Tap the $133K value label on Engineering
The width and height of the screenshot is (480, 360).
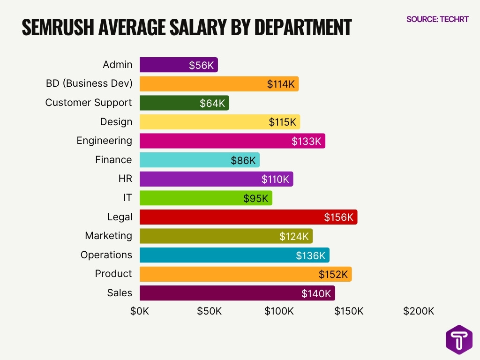[306, 141]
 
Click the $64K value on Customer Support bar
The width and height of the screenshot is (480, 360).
[212, 103]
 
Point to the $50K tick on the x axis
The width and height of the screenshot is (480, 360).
[209, 311]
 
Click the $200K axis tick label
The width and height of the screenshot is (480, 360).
[419, 311]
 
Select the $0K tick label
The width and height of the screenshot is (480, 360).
[140, 311]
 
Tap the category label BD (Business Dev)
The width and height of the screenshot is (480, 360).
[89, 83]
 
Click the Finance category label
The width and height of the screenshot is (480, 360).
[113, 160]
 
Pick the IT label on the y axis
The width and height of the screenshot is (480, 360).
[127, 198]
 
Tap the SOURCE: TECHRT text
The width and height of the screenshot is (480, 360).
[437, 19]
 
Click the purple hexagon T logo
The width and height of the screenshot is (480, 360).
[458, 339]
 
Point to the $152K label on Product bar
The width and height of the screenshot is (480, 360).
[333, 274]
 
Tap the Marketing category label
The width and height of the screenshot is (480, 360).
[108, 236]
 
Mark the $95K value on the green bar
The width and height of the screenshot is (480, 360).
[256, 198]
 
